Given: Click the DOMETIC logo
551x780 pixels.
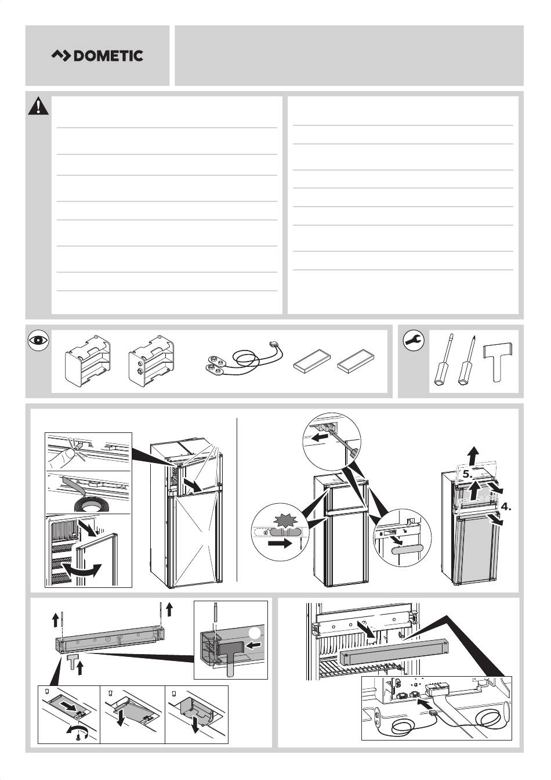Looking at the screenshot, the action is [x=97, y=56].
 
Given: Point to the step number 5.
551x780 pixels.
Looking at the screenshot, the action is [x=467, y=474].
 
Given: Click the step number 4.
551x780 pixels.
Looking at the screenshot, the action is [x=506, y=507].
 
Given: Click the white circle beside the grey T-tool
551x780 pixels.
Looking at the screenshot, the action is [x=255, y=633].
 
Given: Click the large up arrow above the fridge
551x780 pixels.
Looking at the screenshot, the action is [x=472, y=456].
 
